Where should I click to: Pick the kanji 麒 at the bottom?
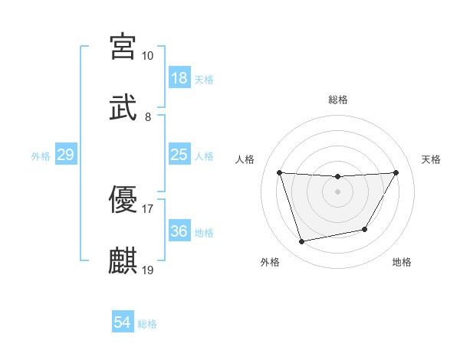pos(123,260)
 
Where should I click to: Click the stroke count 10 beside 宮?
pos(147,56)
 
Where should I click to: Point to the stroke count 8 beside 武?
pos(147,117)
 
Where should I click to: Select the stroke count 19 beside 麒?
pos(148,270)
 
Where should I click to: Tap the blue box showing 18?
pos(179,78)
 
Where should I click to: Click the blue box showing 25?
pos(179,155)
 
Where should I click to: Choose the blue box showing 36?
pos(179,231)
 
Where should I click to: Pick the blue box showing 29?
pos(65,155)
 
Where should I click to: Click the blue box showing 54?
pos(122,323)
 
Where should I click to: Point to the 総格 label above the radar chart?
pos(338,100)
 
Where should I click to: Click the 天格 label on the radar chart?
pos(432,159)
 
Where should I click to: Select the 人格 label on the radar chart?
pos(245,159)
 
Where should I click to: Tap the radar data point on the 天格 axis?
pos(396,172)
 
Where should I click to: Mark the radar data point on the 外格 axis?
pos(302,242)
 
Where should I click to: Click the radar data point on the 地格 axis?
pos(365,229)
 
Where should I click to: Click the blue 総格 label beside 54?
pos(147,324)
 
